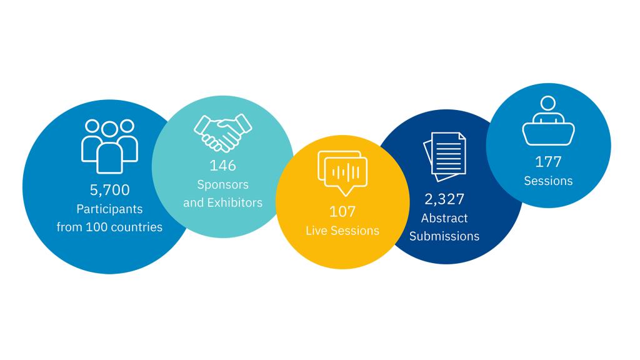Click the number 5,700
point(109,189)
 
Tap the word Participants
point(109,209)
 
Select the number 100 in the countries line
point(96,227)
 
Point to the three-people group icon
point(109,146)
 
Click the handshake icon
point(222,132)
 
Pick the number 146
point(222,166)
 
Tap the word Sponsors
point(222,185)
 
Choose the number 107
point(342,211)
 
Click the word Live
point(317,231)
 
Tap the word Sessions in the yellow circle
point(354,231)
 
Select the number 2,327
point(444,199)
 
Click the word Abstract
point(444,218)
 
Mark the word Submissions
point(444,236)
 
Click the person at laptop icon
point(548,121)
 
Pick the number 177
point(548,162)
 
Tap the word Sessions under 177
point(548,181)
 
